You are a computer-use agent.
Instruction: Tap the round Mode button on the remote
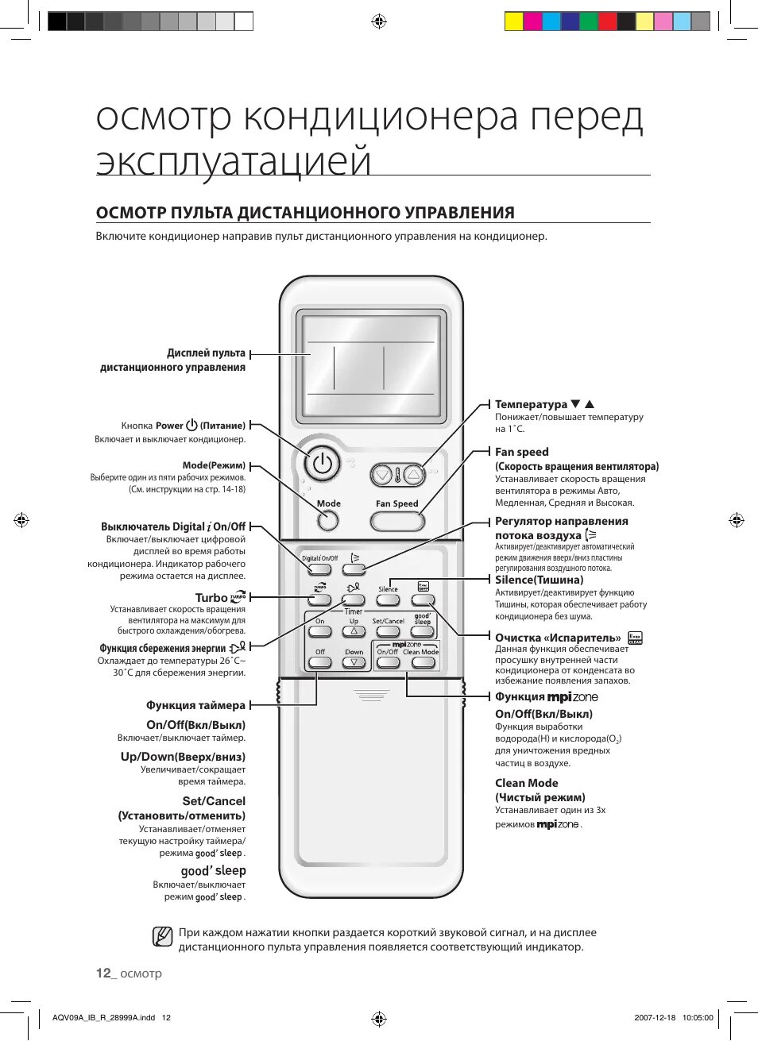pos(327,521)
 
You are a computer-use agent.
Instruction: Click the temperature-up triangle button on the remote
pos(413,475)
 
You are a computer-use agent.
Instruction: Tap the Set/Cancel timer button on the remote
pos(388,632)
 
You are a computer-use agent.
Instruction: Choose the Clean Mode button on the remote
pos(422,662)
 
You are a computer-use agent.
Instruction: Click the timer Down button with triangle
pos(354,662)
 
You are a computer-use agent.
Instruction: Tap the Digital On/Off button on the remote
pos(319,569)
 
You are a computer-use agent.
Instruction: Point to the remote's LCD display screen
pos(370,367)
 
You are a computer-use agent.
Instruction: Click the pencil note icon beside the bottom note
pos(162,937)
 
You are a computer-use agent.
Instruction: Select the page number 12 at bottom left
pos(103,974)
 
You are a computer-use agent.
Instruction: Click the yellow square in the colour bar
pos(514,21)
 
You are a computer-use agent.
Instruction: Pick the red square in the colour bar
pos(607,21)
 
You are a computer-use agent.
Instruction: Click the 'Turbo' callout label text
pos(211,598)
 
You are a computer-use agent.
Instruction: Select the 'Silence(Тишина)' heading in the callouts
pos(539,580)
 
